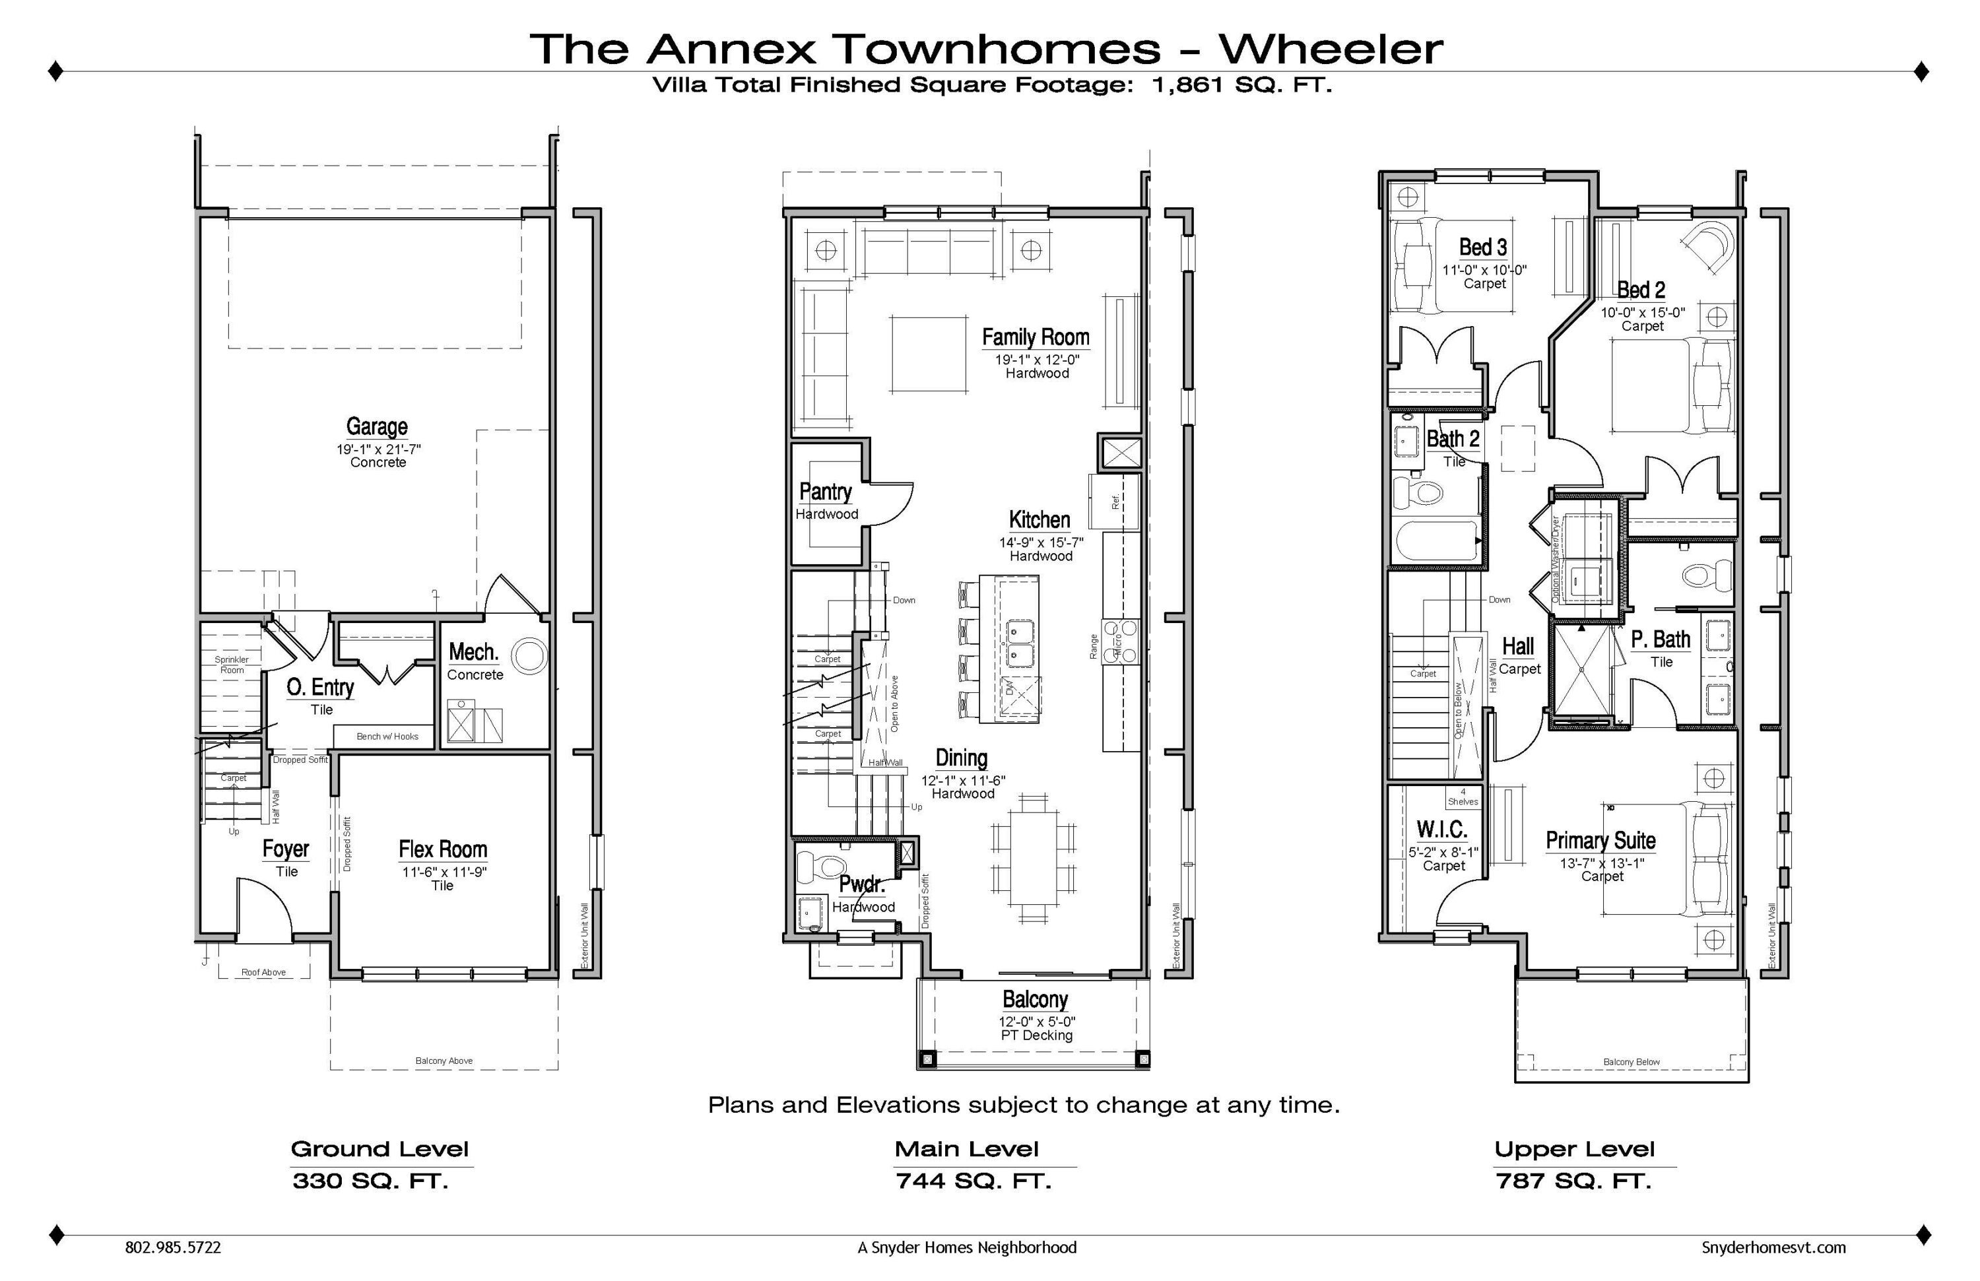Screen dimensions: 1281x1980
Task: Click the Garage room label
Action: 377,427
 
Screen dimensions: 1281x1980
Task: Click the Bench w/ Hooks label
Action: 387,736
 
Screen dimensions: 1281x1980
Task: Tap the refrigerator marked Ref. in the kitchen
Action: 1115,502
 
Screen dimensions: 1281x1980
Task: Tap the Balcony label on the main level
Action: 1035,999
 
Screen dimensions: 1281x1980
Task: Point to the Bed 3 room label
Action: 1482,247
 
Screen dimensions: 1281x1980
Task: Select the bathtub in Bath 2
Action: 1437,541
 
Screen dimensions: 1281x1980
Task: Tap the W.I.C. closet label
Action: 1441,830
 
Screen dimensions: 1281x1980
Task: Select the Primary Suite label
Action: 1600,840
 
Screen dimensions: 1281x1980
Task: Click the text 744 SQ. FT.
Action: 973,1181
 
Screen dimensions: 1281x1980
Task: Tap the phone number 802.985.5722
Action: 173,1248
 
